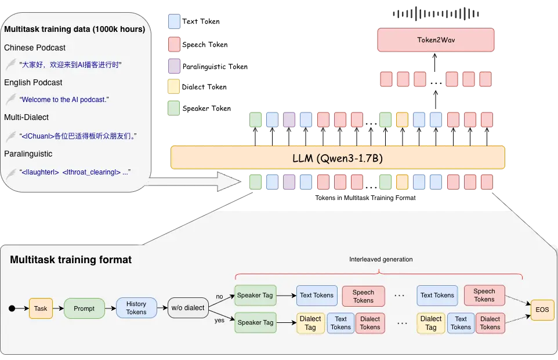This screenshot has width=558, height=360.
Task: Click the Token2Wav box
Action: (x=436, y=40)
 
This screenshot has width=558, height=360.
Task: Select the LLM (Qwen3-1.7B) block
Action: (x=338, y=157)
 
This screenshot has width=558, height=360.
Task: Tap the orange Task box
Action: (x=41, y=308)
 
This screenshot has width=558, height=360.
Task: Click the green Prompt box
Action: (x=84, y=308)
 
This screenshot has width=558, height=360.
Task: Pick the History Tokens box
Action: (x=136, y=308)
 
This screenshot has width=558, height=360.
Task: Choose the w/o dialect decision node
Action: (x=187, y=308)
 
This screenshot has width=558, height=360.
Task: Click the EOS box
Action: (x=542, y=310)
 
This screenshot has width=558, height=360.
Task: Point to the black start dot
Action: (x=12, y=308)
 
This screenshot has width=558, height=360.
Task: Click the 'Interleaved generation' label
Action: (x=381, y=259)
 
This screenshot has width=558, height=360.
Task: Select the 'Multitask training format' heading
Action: (x=71, y=260)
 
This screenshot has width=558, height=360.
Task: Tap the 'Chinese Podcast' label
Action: (x=35, y=48)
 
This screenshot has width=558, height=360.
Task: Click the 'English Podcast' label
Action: (x=33, y=82)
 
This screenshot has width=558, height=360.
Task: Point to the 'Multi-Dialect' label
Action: (x=27, y=117)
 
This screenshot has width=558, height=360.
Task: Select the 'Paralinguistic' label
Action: (x=28, y=154)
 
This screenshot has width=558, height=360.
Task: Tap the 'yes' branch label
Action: (x=220, y=319)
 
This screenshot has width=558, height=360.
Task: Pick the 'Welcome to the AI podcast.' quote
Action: (x=64, y=100)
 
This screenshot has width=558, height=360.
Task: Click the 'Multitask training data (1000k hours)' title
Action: (x=74, y=29)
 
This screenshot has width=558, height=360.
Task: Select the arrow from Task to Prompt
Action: (x=58, y=308)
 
